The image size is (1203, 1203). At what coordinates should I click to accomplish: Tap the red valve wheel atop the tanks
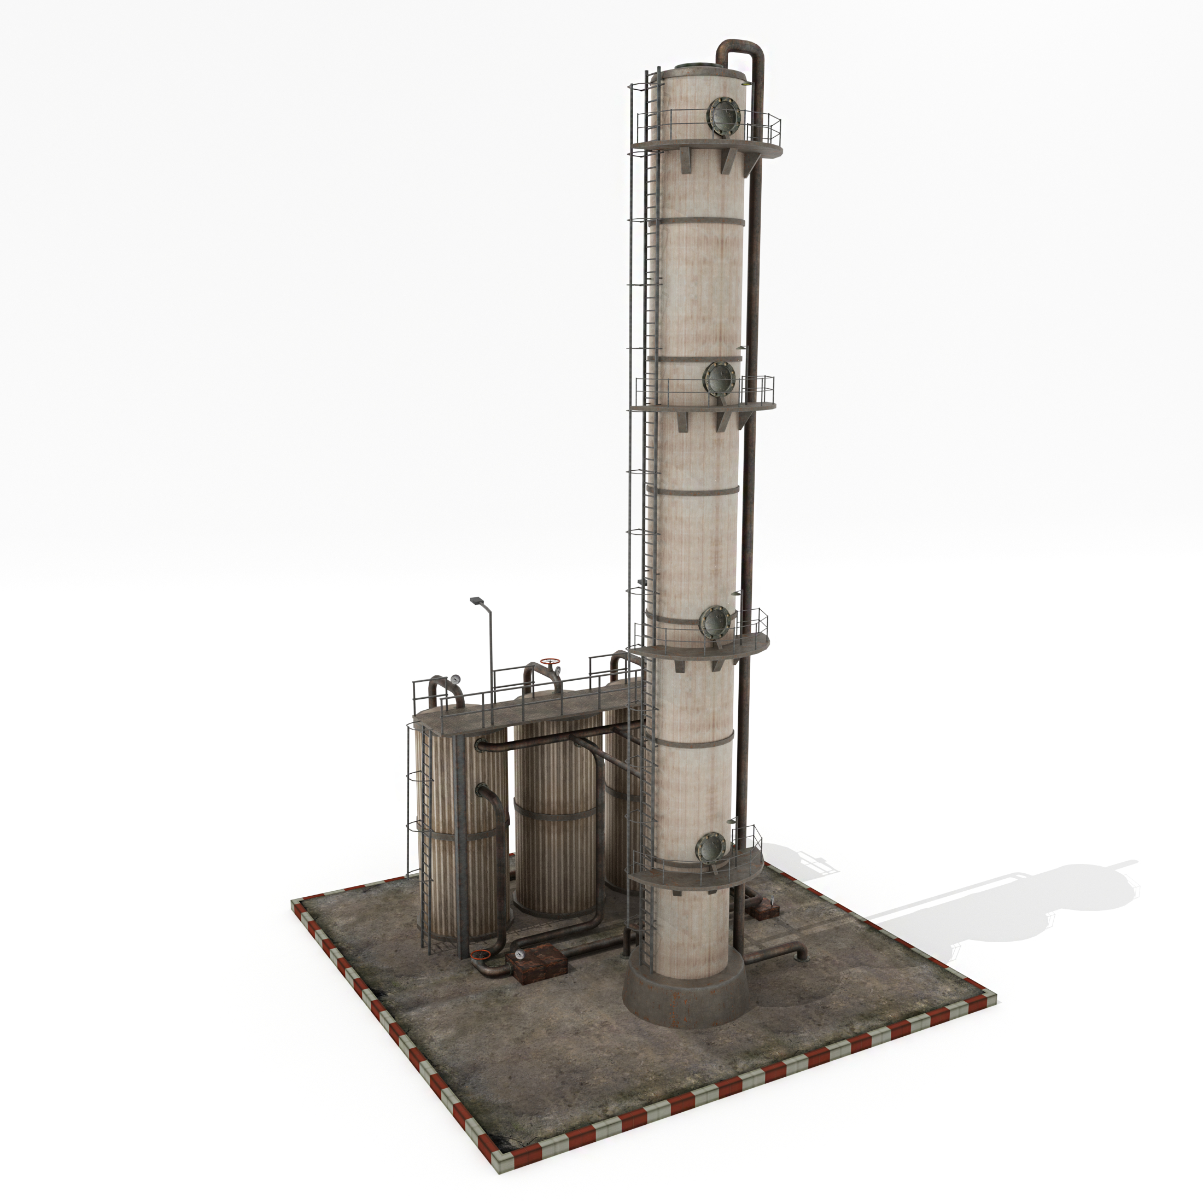pos(550,661)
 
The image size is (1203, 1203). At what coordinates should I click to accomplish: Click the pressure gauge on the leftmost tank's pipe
pos(457,678)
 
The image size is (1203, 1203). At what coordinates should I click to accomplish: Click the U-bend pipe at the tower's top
pos(741,50)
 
